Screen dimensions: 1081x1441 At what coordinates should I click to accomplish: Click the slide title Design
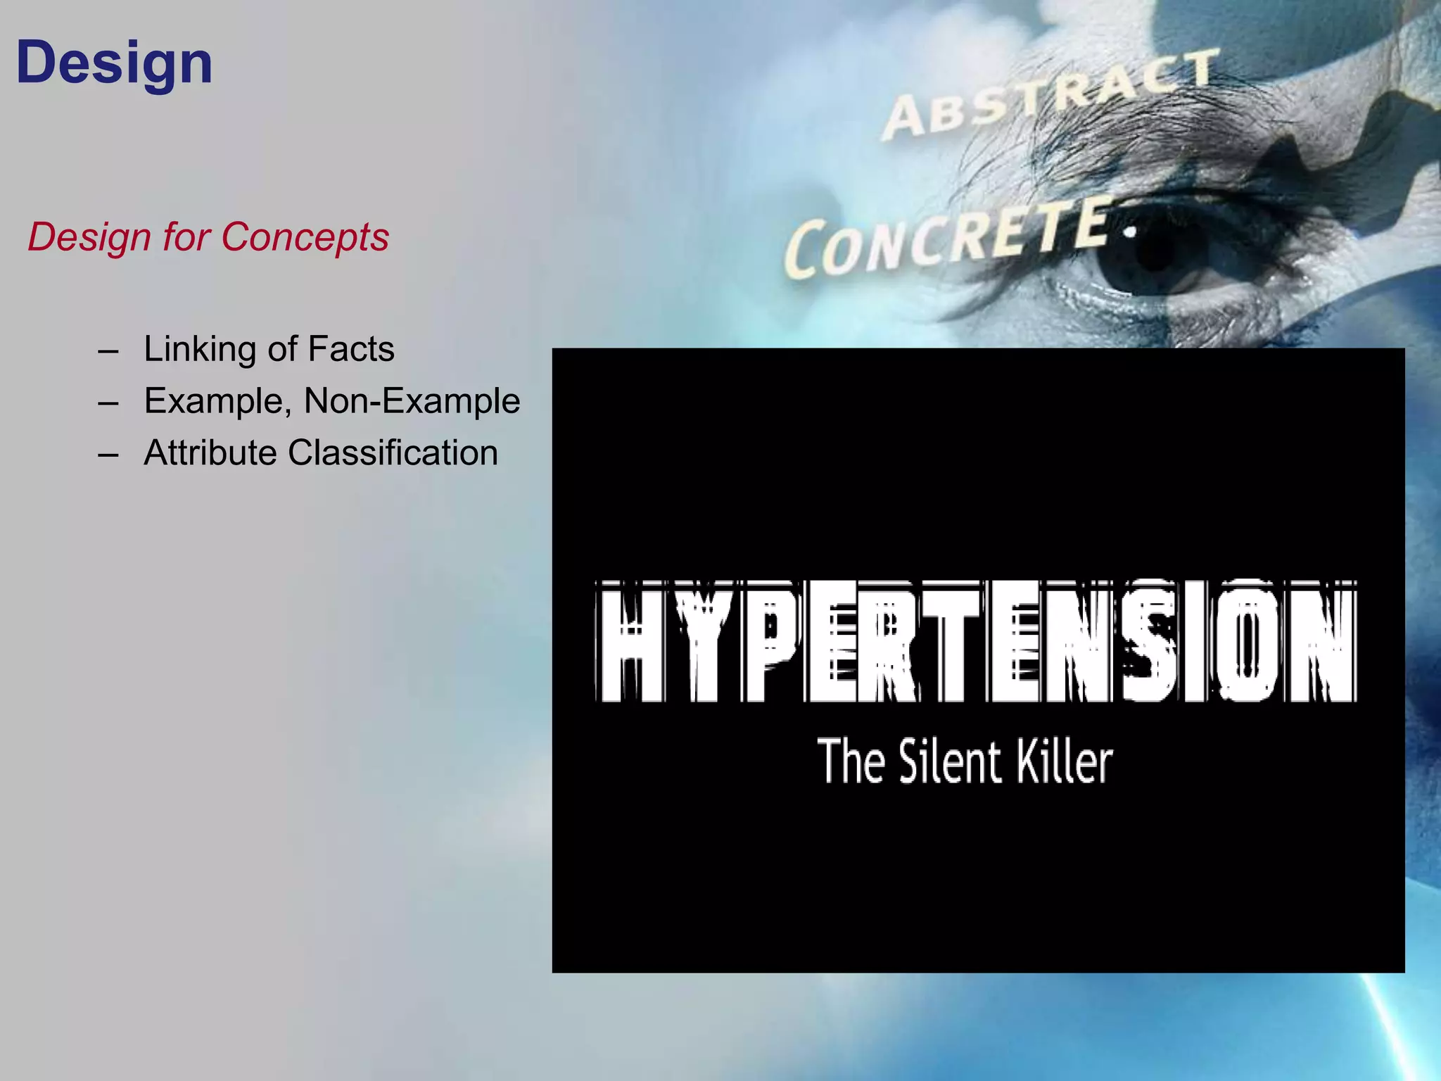(114, 63)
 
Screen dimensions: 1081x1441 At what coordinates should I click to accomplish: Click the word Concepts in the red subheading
(305, 236)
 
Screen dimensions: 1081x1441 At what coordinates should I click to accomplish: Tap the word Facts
(351, 349)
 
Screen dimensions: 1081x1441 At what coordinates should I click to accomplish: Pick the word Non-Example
(412, 401)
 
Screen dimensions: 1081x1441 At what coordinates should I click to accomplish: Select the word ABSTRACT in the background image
(1048, 95)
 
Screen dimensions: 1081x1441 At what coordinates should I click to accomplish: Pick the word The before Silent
(851, 761)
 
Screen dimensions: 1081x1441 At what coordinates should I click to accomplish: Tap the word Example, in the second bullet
(217, 401)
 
